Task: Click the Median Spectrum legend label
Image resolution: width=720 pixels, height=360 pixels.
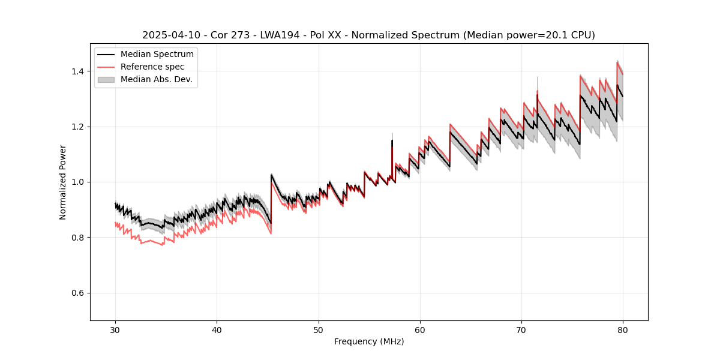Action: click(x=157, y=55)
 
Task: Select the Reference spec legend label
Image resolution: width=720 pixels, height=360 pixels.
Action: click(x=152, y=67)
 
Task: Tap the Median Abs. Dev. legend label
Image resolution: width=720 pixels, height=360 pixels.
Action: click(x=156, y=79)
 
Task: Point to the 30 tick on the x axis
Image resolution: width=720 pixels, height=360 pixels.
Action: click(x=116, y=329)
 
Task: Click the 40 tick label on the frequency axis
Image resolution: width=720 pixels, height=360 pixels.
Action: click(x=217, y=329)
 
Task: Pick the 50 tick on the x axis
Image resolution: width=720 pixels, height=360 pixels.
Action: click(x=319, y=329)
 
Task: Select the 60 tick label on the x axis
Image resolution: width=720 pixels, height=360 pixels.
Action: click(x=420, y=329)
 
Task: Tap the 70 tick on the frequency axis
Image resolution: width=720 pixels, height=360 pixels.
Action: click(x=521, y=329)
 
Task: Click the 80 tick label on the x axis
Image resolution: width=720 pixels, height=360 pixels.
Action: click(x=623, y=329)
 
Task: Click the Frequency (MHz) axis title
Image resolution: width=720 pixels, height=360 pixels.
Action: click(x=369, y=341)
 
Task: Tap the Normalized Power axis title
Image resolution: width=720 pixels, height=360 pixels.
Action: click(x=62, y=182)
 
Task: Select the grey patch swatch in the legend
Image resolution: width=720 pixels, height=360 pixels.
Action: click(x=106, y=79)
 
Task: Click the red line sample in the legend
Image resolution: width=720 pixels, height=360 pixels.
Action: click(x=106, y=67)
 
